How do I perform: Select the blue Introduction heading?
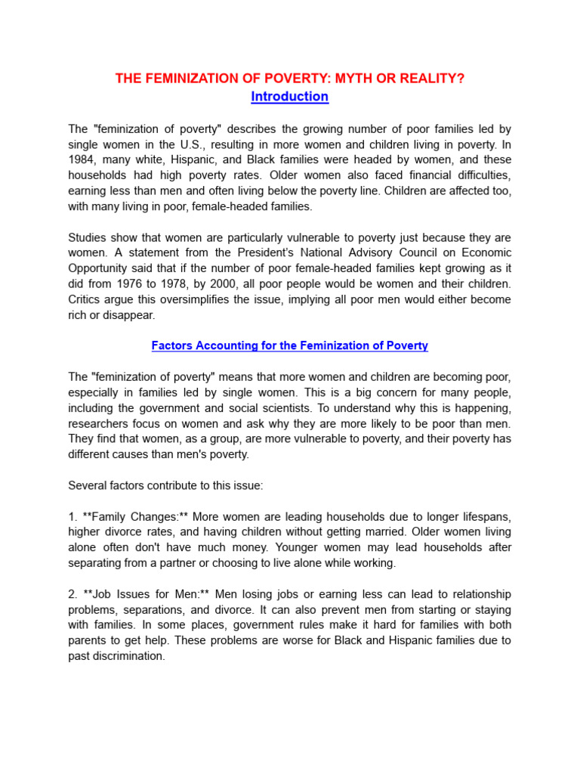[290, 97]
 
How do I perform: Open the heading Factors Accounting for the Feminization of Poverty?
[290, 345]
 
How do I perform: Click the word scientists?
[301, 407]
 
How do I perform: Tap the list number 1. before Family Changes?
[73, 516]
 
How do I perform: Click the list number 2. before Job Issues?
[73, 594]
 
